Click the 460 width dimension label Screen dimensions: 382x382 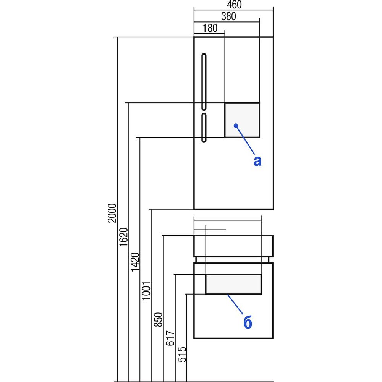[x=234, y=5]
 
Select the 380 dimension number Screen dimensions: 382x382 [x=228, y=16]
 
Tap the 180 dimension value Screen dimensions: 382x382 [x=210, y=28]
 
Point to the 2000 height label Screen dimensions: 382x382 [x=112, y=213]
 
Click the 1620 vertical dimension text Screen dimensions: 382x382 [x=123, y=237]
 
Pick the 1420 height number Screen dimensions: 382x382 [x=135, y=262]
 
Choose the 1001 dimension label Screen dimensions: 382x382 [x=146, y=291]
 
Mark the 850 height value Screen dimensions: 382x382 [x=158, y=320]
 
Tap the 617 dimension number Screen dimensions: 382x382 [x=170, y=338]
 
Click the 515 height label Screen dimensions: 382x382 [x=182, y=354]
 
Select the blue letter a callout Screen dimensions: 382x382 [x=257, y=161]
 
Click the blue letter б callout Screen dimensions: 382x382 [x=248, y=322]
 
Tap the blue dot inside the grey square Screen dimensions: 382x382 [x=236, y=125]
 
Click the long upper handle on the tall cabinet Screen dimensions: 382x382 [x=204, y=82]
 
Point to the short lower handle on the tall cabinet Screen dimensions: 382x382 [x=204, y=128]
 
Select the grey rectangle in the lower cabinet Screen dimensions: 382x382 [x=233, y=284]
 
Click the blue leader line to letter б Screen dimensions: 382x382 [x=235, y=304]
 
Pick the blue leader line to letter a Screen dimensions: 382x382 [x=245, y=140]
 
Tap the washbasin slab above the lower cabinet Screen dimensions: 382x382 [x=233, y=246]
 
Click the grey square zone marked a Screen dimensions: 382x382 [x=242, y=120]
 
